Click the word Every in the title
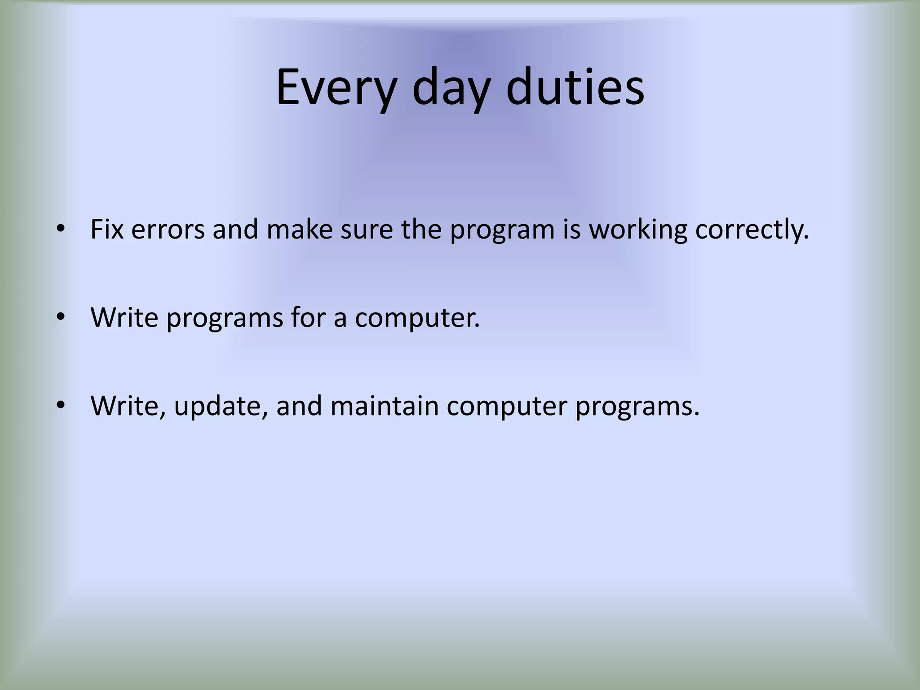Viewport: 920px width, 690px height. (336, 88)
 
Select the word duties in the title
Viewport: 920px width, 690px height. (575, 88)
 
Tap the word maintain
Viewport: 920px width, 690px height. (385, 406)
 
